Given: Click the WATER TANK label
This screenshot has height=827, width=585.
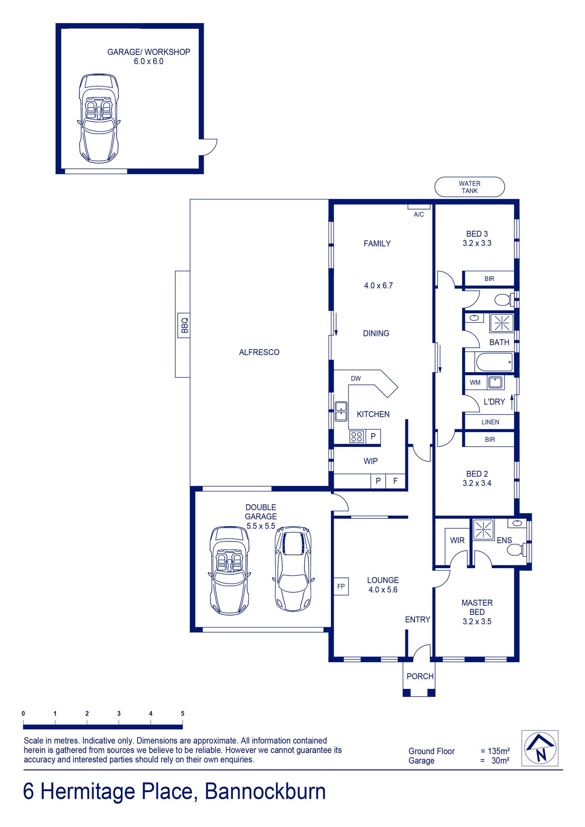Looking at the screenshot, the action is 469,187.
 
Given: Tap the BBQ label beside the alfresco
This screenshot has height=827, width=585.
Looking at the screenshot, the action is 185,325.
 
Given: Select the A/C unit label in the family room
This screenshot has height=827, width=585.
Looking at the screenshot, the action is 419,214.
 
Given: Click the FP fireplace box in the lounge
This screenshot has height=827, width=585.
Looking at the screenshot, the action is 341,586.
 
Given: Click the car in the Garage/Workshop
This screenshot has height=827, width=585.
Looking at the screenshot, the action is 99,118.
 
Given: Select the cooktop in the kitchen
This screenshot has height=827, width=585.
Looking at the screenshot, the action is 357,437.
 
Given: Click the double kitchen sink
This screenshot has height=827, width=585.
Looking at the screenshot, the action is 341,411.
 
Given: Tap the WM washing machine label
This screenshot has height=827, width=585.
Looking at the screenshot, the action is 476,382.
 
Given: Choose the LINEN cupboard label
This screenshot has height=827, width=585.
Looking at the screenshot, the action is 490,422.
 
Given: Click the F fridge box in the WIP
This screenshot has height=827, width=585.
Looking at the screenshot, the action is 396,481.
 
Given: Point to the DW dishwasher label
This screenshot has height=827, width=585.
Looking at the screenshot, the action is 356,379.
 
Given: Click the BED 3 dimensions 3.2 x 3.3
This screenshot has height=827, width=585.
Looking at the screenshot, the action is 477,243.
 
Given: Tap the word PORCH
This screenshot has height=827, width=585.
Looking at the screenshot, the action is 420,676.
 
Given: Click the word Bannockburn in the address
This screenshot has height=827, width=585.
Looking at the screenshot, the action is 265,791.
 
